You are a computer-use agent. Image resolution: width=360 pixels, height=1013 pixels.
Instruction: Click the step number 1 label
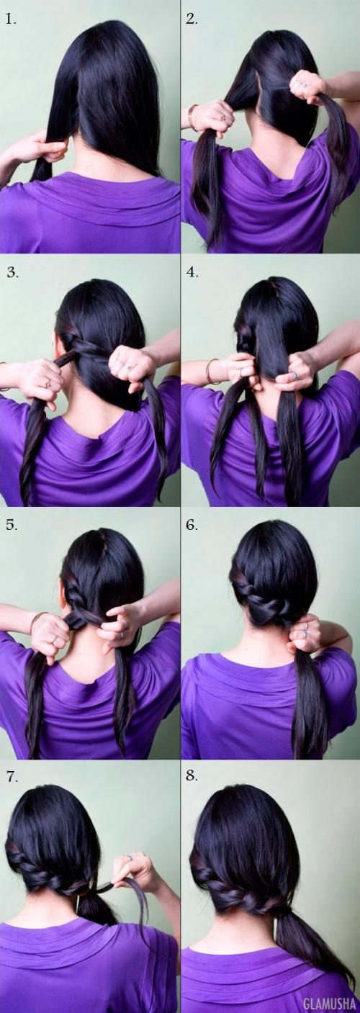point(12,19)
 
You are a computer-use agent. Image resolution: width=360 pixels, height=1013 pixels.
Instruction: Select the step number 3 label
point(12,272)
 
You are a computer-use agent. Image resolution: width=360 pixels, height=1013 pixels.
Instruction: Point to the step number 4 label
point(192,272)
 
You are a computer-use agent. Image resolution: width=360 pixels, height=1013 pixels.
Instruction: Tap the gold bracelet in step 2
point(192,117)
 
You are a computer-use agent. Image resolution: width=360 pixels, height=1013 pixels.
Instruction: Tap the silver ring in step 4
point(294,375)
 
